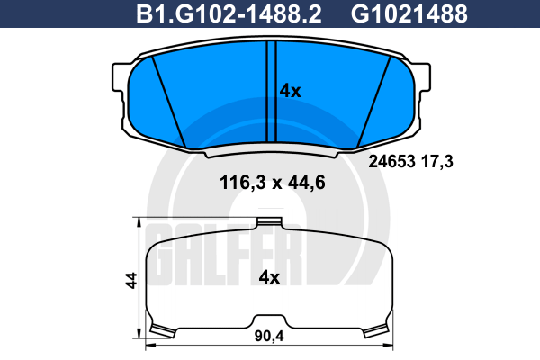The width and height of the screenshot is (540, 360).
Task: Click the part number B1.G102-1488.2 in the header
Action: pos(229,13)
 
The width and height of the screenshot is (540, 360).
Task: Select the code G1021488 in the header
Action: pos(409,13)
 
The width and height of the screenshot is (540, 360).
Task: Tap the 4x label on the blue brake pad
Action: pos(290,91)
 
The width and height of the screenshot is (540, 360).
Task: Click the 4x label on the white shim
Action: pos(269,277)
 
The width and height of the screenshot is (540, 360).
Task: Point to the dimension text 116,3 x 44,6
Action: pos(273,183)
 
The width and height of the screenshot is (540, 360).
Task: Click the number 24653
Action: pos(391,161)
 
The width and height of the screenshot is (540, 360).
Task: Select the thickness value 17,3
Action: pos(437,161)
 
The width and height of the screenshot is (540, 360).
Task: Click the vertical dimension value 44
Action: pos(131,280)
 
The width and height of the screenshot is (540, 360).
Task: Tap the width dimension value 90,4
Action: pos(269,336)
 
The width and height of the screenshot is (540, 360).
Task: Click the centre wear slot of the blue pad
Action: pos(272,91)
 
